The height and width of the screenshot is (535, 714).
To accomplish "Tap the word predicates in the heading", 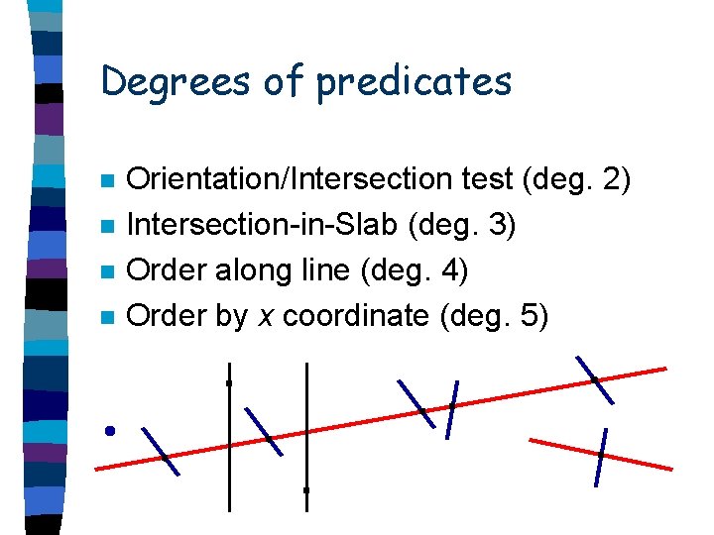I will click(x=414, y=81).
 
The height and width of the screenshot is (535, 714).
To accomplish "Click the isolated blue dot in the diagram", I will click(x=110, y=430).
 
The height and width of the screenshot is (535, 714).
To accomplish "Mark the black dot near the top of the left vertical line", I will click(x=229, y=382).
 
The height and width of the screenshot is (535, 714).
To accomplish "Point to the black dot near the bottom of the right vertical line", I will click(x=306, y=489).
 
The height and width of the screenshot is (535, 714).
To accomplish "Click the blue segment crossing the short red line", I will click(x=600, y=457).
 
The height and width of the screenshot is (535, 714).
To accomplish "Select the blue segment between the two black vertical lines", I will click(x=264, y=431).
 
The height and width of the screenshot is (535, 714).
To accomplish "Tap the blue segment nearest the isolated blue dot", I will click(x=161, y=451).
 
